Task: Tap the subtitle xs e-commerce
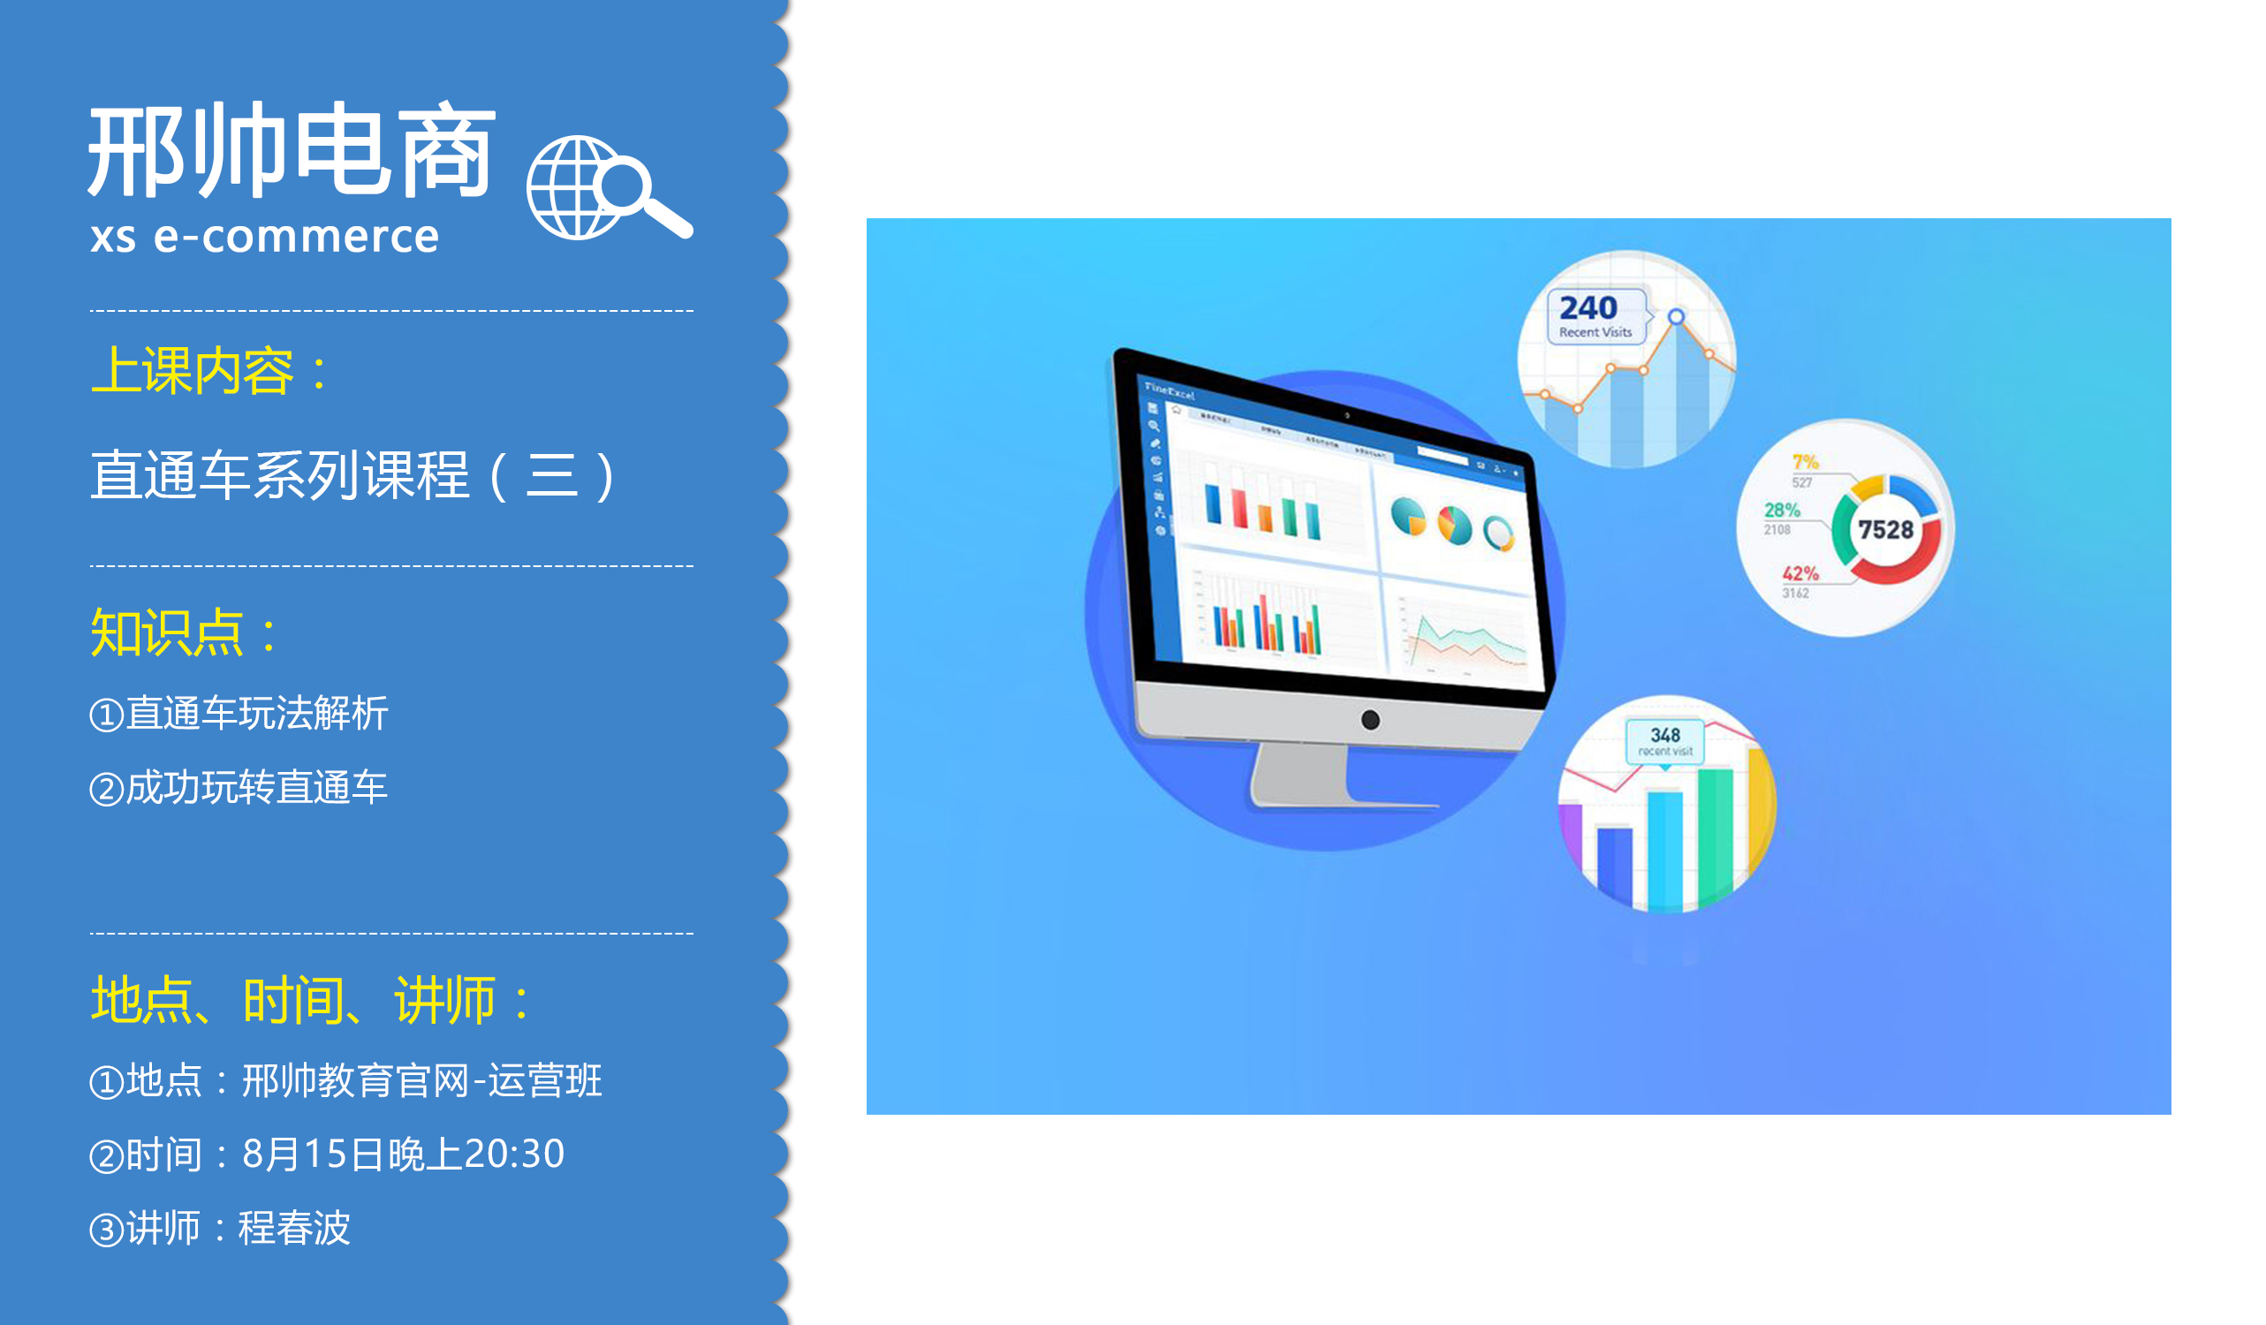(264, 238)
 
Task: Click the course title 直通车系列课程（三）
(352, 474)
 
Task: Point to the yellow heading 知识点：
(184, 632)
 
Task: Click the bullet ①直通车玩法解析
(239, 714)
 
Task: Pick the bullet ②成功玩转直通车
(239, 787)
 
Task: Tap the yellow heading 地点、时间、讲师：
(310, 1000)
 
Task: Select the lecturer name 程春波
(294, 1228)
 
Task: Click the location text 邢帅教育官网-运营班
(421, 1080)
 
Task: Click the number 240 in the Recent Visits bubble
(1588, 308)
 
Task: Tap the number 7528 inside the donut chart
(1885, 529)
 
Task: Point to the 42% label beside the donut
(1800, 573)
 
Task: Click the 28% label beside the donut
(1781, 510)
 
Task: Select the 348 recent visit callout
(1664, 741)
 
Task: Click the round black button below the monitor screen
(1370, 719)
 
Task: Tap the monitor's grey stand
(1300, 775)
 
